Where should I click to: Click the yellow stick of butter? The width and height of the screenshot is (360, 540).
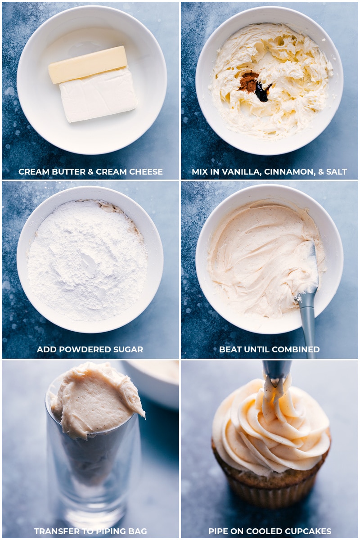(88, 64)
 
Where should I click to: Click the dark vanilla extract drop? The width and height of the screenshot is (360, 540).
(262, 92)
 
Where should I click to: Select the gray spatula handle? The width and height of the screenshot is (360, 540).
(308, 324)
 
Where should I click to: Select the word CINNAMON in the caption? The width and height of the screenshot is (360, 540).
(284, 171)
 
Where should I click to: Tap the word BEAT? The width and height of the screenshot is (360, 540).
(229, 349)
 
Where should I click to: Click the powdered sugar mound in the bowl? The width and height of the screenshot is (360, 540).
(87, 261)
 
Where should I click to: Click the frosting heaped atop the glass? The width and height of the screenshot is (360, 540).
(94, 400)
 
